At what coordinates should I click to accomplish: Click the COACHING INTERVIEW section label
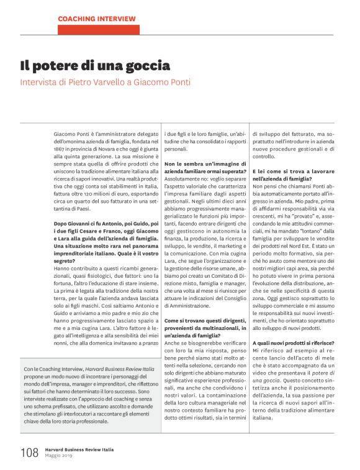(97, 19)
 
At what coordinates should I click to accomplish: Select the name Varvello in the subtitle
(116, 82)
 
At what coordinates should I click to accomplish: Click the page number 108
(29, 453)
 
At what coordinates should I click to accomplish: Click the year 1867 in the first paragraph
(60, 149)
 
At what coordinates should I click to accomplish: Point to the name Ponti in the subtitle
(177, 82)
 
